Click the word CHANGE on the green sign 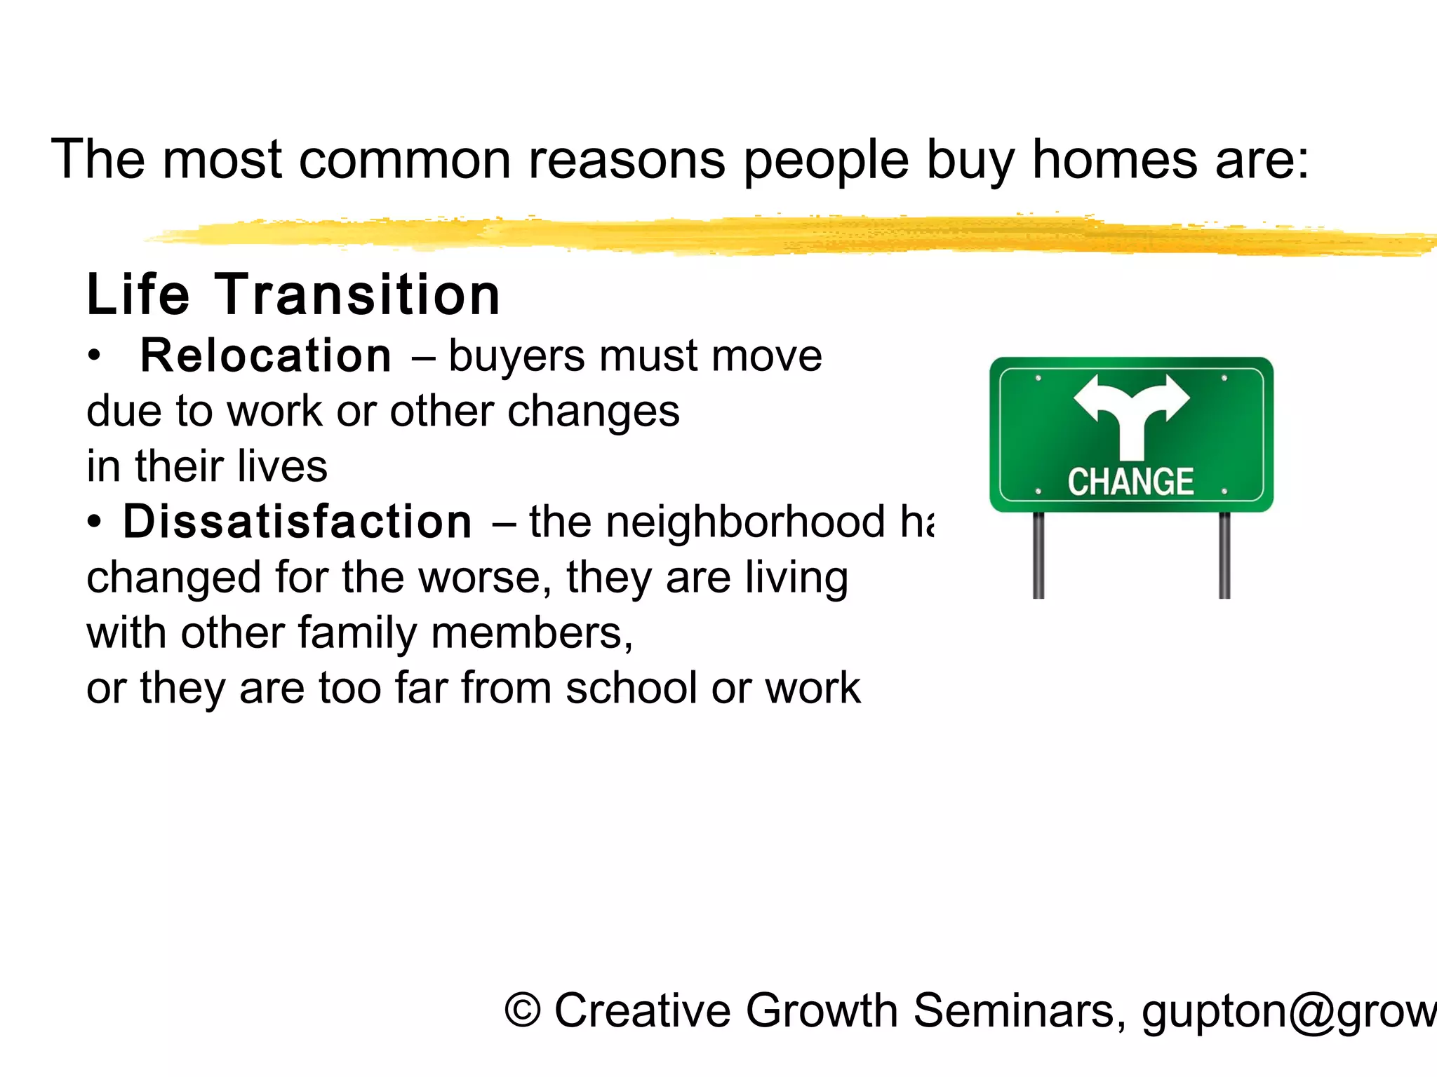point(1130,482)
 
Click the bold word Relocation point(266,355)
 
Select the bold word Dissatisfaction point(298,522)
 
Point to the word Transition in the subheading point(357,294)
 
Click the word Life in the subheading point(138,294)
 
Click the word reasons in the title point(627,160)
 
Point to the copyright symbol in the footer point(523,1011)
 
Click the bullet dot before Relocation point(94,356)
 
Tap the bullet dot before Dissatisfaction point(94,522)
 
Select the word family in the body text point(357,632)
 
